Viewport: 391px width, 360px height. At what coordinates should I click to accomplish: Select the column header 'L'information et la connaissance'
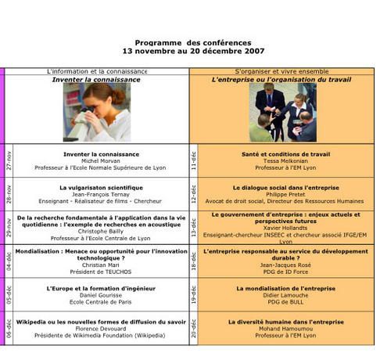tap(97, 71)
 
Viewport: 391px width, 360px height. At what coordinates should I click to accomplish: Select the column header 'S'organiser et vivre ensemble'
tap(282, 71)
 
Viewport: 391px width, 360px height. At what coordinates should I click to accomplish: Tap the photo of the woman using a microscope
tap(97, 112)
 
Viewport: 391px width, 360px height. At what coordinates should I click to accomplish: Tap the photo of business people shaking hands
tap(282, 112)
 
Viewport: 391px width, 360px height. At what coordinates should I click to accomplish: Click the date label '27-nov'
tap(9, 160)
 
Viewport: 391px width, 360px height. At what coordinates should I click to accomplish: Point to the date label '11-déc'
tap(194, 160)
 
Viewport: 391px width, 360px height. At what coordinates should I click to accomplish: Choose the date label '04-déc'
tap(9, 261)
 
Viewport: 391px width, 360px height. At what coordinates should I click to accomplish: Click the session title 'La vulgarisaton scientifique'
tap(101, 188)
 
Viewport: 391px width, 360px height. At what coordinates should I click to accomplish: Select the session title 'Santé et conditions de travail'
tap(282, 154)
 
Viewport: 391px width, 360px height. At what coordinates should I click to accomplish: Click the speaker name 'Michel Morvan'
tap(101, 161)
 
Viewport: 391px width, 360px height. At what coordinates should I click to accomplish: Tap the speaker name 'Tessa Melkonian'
tap(282, 161)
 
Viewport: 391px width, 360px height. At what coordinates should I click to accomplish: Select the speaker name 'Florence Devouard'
tap(101, 329)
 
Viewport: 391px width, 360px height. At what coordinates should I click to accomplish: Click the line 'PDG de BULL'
tap(282, 302)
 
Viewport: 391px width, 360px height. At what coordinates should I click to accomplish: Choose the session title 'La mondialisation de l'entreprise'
tap(282, 289)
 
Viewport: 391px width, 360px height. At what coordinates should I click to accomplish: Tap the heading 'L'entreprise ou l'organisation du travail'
tap(282, 79)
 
